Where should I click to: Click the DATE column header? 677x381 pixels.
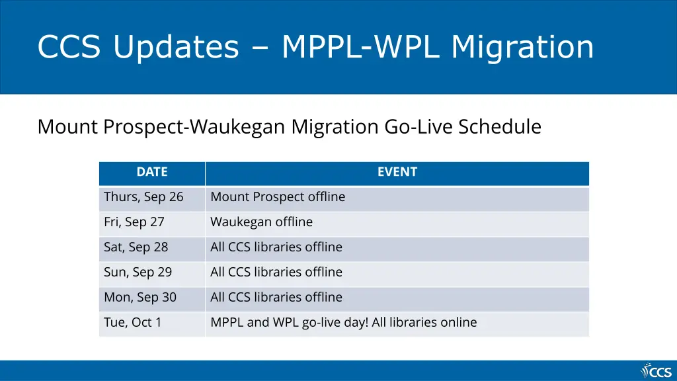(151, 172)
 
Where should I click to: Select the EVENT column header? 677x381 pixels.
(397, 172)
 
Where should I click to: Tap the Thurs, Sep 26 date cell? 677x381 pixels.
(143, 197)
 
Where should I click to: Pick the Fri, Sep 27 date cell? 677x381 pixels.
(134, 222)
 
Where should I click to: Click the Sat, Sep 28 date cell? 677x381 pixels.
(136, 247)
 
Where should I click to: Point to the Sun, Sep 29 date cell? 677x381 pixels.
(138, 273)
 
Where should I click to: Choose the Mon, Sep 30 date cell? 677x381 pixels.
(140, 298)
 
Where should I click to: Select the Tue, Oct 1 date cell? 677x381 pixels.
(133, 323)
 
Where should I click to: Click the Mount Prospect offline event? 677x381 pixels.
(278, 197)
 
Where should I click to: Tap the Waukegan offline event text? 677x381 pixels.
(261, 222)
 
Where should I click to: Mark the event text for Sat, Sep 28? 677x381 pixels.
(276, 247)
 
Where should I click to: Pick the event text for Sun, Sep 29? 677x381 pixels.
(276, 273)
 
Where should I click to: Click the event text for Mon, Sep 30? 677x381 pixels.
(276, 298)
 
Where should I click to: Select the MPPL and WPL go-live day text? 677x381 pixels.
(343, 323)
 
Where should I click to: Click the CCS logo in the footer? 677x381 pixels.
(656, 370)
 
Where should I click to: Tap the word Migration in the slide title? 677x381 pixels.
(522, 48)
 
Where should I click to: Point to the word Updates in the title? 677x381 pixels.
(175, 48)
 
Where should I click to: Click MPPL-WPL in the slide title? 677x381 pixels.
(362, 48)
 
